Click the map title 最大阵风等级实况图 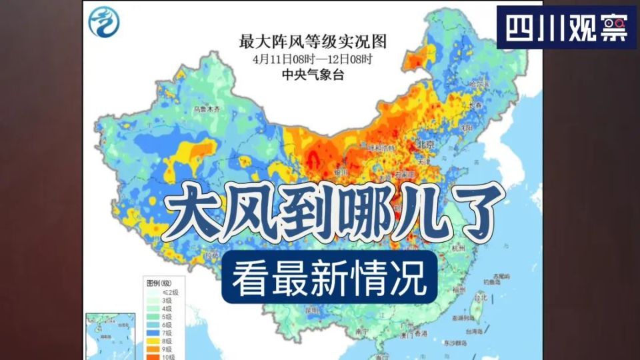point(313,42)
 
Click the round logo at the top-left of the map point(106,21)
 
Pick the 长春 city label point(475,105)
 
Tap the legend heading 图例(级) point(158,283)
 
